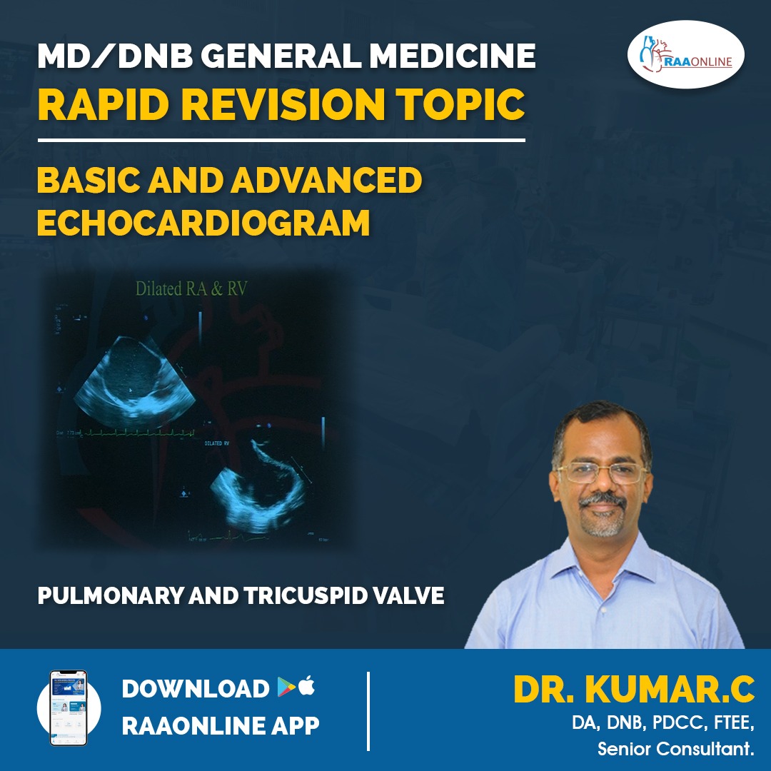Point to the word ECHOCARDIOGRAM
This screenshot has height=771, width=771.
click(x=203, y=223)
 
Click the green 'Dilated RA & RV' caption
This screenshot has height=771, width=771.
click(x=191, y=288)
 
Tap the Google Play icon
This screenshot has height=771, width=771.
click(x=286, y=687)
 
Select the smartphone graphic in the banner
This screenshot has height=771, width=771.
click(x=68, y=707)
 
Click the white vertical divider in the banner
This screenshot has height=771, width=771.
click(x=368, y=710)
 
